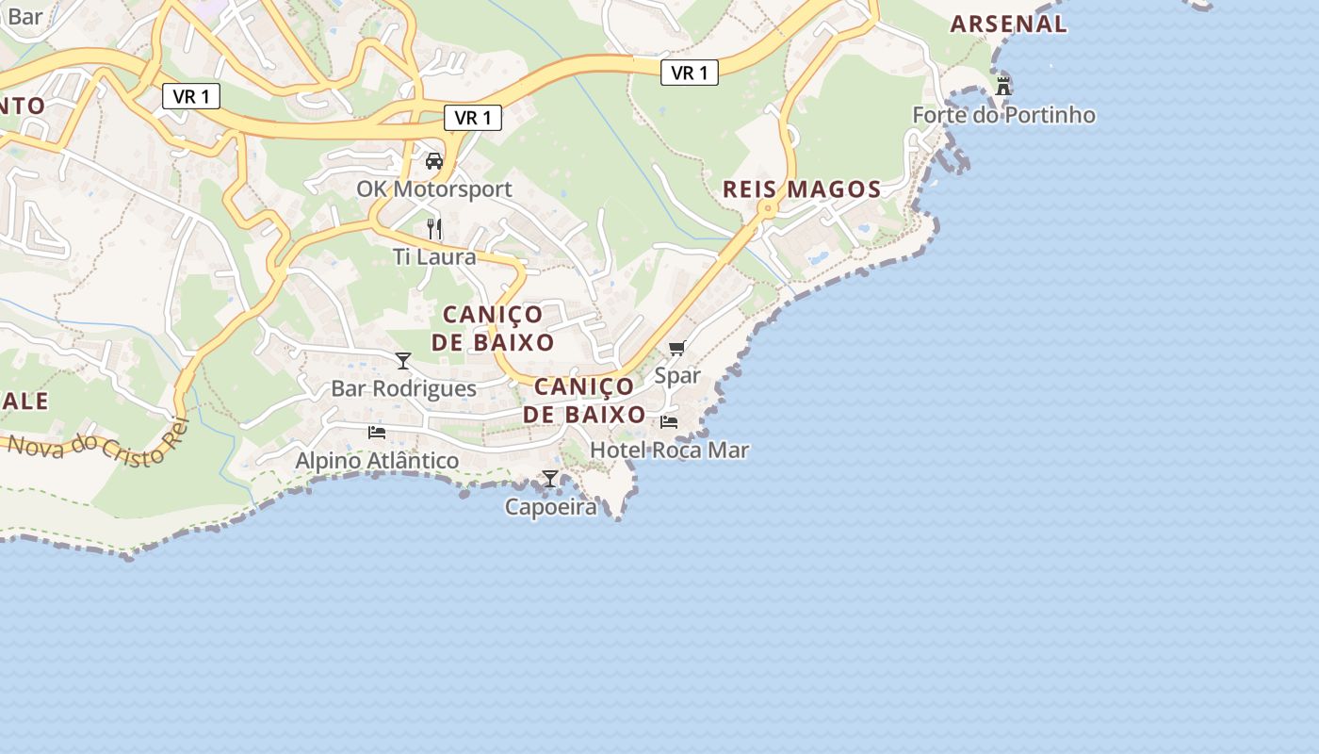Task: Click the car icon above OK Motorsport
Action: coord(434,160)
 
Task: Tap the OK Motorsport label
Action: coord(434,188)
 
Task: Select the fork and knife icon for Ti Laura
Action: coord(434,228)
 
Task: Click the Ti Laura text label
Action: coord(434,256)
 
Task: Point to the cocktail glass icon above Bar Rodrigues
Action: coord(403,360)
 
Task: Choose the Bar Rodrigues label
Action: coord(403,388)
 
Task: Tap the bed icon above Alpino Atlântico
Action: coord(377,432)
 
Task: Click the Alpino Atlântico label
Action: coord(377,460)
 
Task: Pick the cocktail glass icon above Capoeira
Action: coord(550,479)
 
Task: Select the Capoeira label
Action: coord(551,507)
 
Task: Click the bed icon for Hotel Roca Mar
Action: coord(669,421)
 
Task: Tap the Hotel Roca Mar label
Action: coord(669,451)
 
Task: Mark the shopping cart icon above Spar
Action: coord(677,348)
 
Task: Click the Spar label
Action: coord(677,375)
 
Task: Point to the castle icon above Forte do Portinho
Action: coord(1003,87)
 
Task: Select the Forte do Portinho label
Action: coord(1003,115)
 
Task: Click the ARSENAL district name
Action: coord(1008,25)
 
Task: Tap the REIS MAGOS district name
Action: coord(802,189)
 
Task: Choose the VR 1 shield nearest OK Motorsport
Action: coord(473,118)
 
